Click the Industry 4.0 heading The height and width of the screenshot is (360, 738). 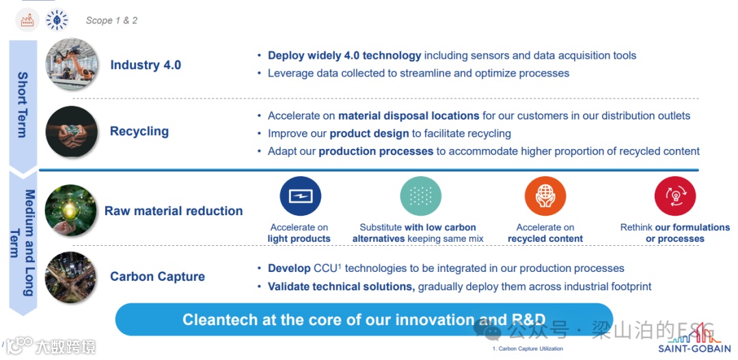point(146,66)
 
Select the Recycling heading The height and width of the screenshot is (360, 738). point(139,131)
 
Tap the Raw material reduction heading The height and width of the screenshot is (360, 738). point(174,211)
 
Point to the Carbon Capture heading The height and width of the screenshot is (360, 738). point(157,277)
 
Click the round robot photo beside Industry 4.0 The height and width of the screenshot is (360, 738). point(71,66)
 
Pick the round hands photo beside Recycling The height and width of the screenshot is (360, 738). point(71,132)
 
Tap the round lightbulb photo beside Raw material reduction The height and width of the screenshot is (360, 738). point(70,210)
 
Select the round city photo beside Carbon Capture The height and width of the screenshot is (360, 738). point(70,277)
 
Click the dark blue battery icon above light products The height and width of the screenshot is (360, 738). point(300,197)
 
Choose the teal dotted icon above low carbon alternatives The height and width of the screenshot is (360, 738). point(420,197)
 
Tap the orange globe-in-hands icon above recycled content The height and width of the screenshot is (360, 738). point(545,197)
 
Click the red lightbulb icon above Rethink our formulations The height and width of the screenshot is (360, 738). point(674,197)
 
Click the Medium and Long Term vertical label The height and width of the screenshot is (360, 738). point(23,243)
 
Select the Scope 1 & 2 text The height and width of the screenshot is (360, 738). point(111,20)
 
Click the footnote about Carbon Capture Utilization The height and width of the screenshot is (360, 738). point(528,349)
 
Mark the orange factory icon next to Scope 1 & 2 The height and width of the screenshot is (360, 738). point(27,20)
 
